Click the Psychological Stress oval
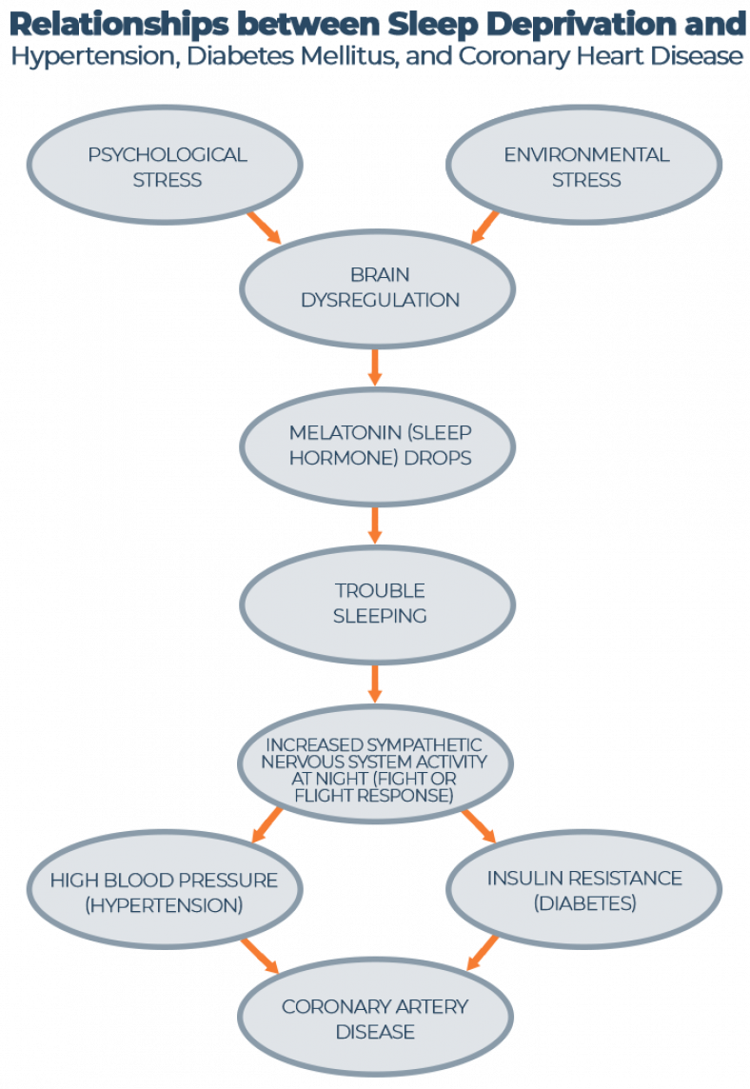[x=167, y=167]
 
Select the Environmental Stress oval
[x=586, y=167]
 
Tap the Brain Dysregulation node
[x=378, y=287]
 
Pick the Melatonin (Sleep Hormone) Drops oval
[x=378, y=445]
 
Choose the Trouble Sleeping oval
[x=378, y=603]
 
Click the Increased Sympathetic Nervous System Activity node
[x=375, y=768]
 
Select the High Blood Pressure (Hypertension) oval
[x=164, y=891]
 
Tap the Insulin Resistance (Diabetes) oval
[x=584, y=890]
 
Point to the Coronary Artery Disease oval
[x=375, y=1019]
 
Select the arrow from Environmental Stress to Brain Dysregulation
[x=485, y=227]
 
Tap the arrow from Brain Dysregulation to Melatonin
[x=375, y=366]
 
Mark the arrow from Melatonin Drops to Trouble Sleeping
[x=375, y=525]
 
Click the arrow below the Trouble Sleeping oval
[x=375, y=683]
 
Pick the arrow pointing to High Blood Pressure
[x=267, y=825]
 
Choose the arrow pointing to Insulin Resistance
[x=479, y=825]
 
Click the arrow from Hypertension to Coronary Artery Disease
[x=259, y=955]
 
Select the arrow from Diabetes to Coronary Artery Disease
[x=484, y=952]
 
